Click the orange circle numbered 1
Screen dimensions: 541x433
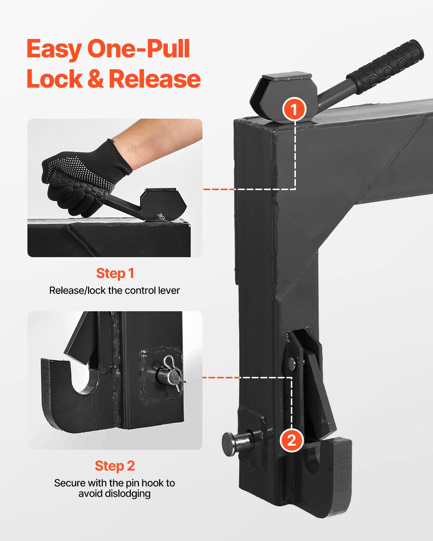(294, 109)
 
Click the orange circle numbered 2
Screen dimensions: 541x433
(291, 440)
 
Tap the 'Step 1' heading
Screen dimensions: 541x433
(115, 273)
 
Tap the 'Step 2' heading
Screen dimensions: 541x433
(115, 466)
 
